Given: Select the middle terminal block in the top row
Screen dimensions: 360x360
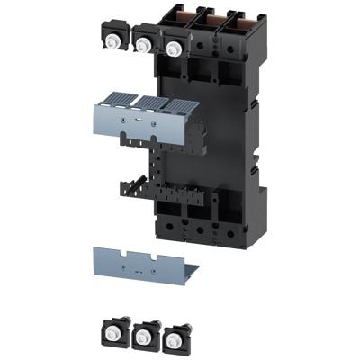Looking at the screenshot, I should point(144,40).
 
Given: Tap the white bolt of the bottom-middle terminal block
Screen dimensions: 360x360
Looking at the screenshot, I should point(143,335).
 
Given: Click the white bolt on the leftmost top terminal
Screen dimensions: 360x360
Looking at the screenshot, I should point(114,38).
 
